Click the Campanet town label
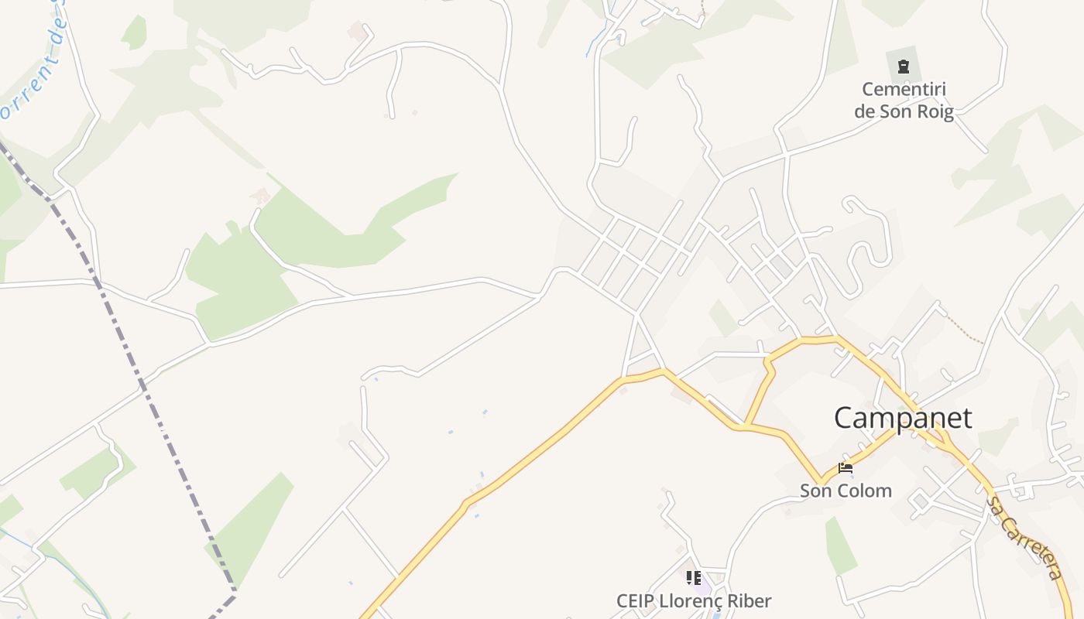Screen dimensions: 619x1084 (x=903, y=418)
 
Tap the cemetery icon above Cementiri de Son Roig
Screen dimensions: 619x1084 (x=904, y=67)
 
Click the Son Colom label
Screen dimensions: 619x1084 (x=846, y=491)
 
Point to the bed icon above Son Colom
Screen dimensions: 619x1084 (x=846, y=468)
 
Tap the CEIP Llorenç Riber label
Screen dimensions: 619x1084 (x=694, y=600)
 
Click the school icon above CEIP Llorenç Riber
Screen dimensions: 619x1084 (x=694, y=577)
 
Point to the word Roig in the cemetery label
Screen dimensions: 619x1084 (x=935, y=111)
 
